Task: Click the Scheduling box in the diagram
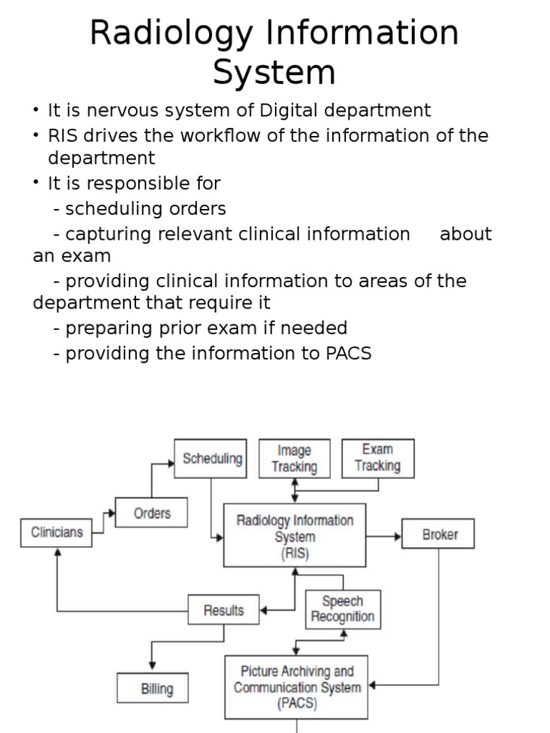(x=211, y=459)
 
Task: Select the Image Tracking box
(x=294, y=459)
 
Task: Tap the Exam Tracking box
(x=377, y=458)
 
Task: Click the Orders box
(x=152, y=513)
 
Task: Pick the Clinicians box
(x=57, y=532)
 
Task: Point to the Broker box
(x=438, y=534)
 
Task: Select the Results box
(x=223, y=611)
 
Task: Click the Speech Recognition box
(x=342, y=609)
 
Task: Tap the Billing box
(x=153, y=689)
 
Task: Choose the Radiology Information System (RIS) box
(x=295, y=536)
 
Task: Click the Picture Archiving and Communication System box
(x=296, y=687)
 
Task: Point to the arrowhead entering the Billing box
(x=150, y=667)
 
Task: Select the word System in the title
(x=274, y=72)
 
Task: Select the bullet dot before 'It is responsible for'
(x=36, y=183)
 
